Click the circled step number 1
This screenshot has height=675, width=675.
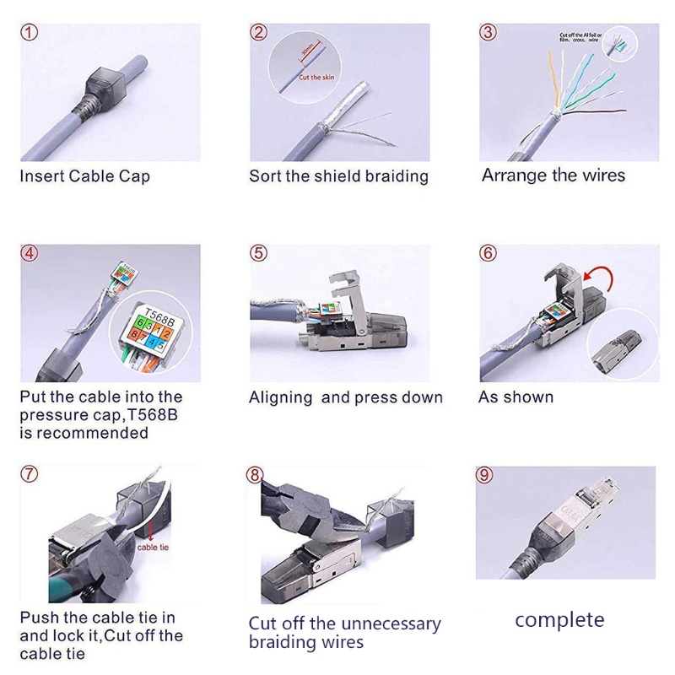[x=30, y=33]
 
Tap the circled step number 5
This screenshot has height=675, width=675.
[x=259, y=254]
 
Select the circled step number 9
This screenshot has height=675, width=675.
[x=484, y=475]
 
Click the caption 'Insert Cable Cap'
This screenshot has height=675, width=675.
[x=84, y=176]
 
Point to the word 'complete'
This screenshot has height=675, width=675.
[x=559, y=620]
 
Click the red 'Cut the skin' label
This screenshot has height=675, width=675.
[x=315, y=77]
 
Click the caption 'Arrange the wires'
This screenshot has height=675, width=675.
[x=553, y=175]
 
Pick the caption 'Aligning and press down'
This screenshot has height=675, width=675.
[x=345, y=397]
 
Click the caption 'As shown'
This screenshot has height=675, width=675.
[x=516, y=397]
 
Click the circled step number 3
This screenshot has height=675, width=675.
[x=488, y=33]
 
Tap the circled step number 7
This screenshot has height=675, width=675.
[x=30, y=474]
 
